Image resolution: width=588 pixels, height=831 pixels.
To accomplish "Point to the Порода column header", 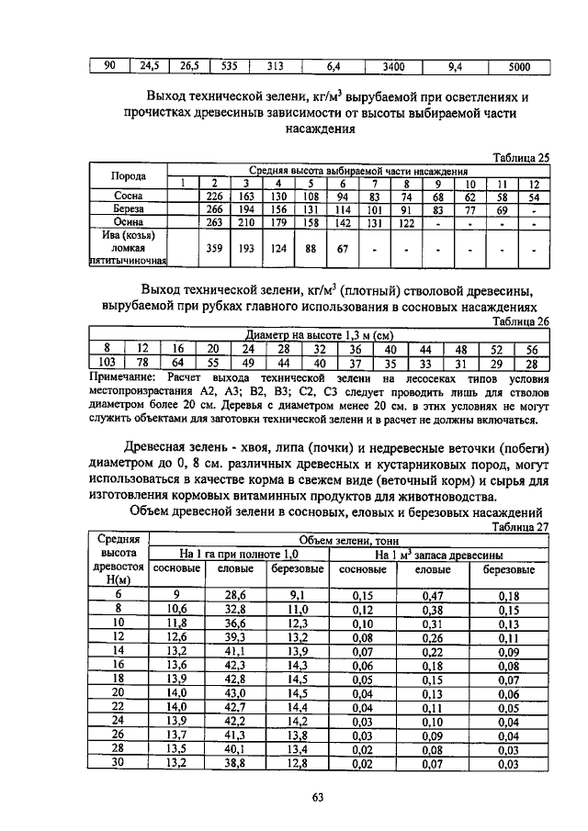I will pyautogui.click(x=129, y=175).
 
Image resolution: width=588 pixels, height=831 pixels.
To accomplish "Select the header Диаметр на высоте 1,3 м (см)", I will pyautogui.click(x=319, y=335).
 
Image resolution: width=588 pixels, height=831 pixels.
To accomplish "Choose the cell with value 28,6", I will pyautogui.click(x=236, y=595).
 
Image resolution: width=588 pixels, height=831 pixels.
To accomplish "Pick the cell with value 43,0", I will pyautogui.click(x=236, y=692).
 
